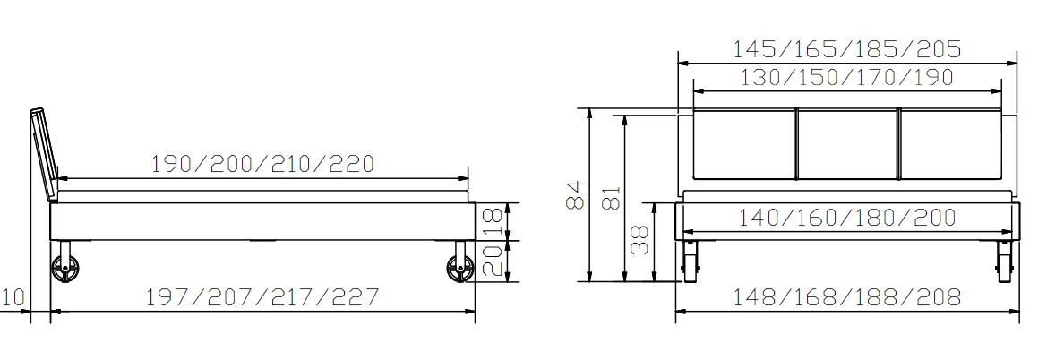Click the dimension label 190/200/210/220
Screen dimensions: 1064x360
[x=262, y=163]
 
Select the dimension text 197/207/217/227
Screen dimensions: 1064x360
[x=262, y=297]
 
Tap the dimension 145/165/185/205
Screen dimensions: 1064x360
[x=847, y=49]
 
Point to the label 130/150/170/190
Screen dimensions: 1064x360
[x=847, y=77]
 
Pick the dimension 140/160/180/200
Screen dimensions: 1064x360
[x=847, y=217]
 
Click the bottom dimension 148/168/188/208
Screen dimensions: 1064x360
[x=847, y=297]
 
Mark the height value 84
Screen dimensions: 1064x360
[x=575, y=194]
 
